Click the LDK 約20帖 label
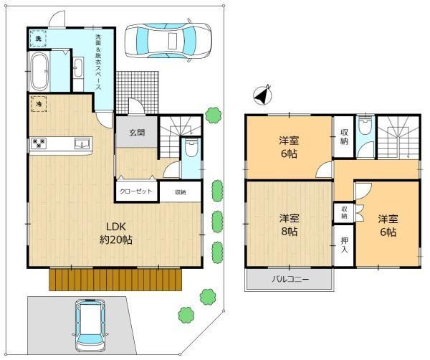(115, 233)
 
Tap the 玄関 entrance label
(137, 133)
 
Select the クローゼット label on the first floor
(136, 191)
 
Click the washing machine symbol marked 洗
(38, 39)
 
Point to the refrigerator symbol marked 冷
(39, 104)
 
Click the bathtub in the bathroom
(39, 72)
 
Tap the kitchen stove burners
(39, 143)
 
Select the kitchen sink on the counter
(82, 143)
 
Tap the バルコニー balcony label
(290, 280)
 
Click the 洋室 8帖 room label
(290, 225)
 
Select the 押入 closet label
(345, 245)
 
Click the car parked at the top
(168, 41)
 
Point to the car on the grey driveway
(91, 325)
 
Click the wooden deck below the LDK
(115, 280)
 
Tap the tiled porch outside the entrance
(138, 93)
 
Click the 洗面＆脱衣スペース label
(98, 62)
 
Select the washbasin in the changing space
(78, 68)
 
